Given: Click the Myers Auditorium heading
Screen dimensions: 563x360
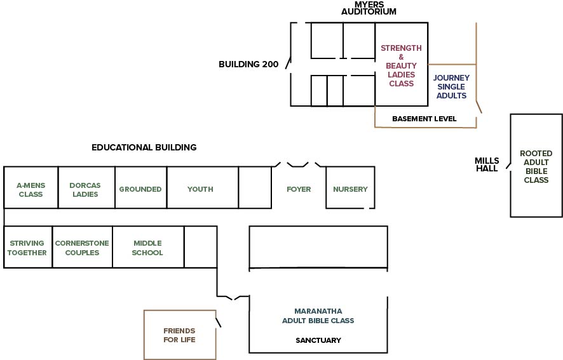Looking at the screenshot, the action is pyautogui.click(x=369, y=8).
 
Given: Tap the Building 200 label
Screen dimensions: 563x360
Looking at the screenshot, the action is pyautogui.click(x=248, y=64).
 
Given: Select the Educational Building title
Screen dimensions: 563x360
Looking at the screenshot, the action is pyautogui.click(x=144, y=147).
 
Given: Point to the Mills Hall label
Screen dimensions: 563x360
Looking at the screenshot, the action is pyautogui.click(x=487, y=164).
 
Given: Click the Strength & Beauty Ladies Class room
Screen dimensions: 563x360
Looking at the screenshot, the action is pyautogui.click(x=402, y=64).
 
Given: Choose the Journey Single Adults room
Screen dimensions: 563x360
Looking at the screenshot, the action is pyautogui.click(x=452, y=86).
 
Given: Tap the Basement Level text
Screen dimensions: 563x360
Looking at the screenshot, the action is pyautogui.click(x=424, y=119).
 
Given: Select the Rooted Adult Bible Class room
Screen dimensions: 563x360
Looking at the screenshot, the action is pyautogui.click(x=536, y=166).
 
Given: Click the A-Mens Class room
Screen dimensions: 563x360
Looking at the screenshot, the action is pyautogui.click(x=31, y=187).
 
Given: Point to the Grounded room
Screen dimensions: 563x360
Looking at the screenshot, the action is pyautogui.click(x=141, y=187).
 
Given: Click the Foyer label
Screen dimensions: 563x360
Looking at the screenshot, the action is pyautogui.click(x=299, y=189).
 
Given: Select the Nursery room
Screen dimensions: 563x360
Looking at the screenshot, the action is pyautogui.click(x=350, y=187).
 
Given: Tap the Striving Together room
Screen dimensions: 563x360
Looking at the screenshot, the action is pyautogui.click(x=28, y=247).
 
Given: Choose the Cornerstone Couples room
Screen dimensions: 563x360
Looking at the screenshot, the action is pyautogui.click(x=82, y=247).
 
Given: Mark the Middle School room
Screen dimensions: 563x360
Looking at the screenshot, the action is pyautogui.click(x=148, y=247).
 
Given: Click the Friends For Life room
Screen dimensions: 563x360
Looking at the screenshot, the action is pyautogui.click(x=180, y=335).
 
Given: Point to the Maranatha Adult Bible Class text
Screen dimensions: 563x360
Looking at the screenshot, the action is pyautogui.click(x=318, y=316).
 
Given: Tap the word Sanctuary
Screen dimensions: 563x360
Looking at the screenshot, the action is pyautogui.click(x=318, y=340).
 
